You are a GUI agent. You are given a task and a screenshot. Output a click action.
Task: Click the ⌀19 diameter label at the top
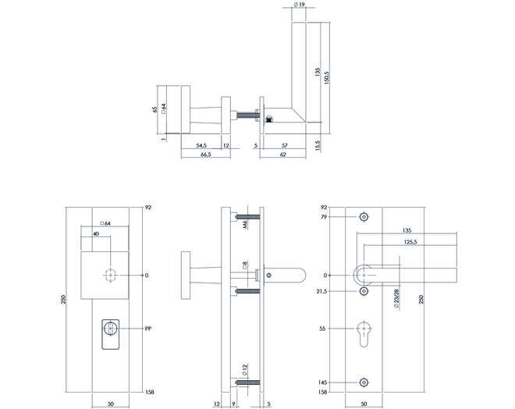pyautogui.click(x=298, y=5)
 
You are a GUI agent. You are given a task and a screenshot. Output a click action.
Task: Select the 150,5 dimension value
pyautogui.click(x=326, y=78)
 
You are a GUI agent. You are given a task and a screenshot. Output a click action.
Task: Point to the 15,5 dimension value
pyautogui.click(x=318, y=145)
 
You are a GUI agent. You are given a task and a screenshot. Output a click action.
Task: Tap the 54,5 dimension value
pyautogui.click(x=201, y=145)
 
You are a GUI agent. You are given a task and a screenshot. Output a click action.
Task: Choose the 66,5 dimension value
pyautogui.click(x=205, y=155)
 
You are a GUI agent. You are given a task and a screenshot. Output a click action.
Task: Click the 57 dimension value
pyautogui.click(x=285, y=145)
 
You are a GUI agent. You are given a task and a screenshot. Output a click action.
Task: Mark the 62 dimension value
pyautogui.click(x=282, y=155)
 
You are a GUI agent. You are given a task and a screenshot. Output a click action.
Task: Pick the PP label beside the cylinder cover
pyautogui.click(x=148, y=328)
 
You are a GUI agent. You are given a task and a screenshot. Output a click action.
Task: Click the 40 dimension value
pyautogui.click(x=96, y=234)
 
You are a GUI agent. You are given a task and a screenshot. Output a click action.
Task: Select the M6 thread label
pyautogui.click(x=245, y=225)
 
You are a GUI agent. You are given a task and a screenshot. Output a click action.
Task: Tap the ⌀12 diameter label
pyautogui.click(x=245, y=369)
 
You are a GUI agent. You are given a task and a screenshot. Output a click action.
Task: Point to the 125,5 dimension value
pyautogui.click(x=410, y=242)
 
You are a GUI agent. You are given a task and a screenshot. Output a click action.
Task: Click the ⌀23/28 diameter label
pyautogui.click(x=396, y=299)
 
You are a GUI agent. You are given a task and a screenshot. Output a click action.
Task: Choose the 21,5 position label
pyautogui.click(x=322, y=291)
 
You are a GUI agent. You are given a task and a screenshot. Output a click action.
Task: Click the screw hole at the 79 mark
pyautogui.click(x=364, y=217)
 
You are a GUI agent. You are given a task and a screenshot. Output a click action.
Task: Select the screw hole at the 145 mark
pyautogui.click(x=364, y=382)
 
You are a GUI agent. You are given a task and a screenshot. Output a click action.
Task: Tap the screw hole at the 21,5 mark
pyautogui.click(x=364, y=291)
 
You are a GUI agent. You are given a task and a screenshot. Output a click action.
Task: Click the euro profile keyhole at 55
pyautogui.click(x=364, y=333)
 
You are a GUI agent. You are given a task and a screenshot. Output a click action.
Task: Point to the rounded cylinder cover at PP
pyautogui.click(x=110, y=334)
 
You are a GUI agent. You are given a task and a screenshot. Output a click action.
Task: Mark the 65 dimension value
pyautogui.click(x=155, y=109)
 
